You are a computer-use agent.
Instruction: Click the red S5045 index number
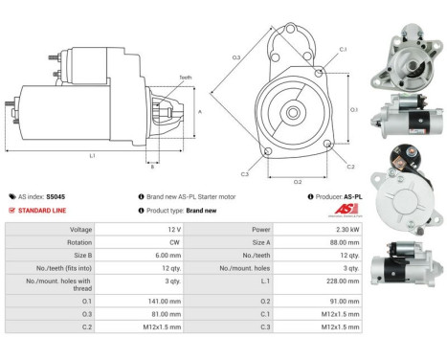point(59,195)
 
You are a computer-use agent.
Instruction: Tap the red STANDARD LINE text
point(44,211)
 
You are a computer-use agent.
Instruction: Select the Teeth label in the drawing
point(185,78)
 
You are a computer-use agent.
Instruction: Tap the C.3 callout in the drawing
point(244,174)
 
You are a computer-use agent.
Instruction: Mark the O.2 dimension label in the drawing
point(296,180)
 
